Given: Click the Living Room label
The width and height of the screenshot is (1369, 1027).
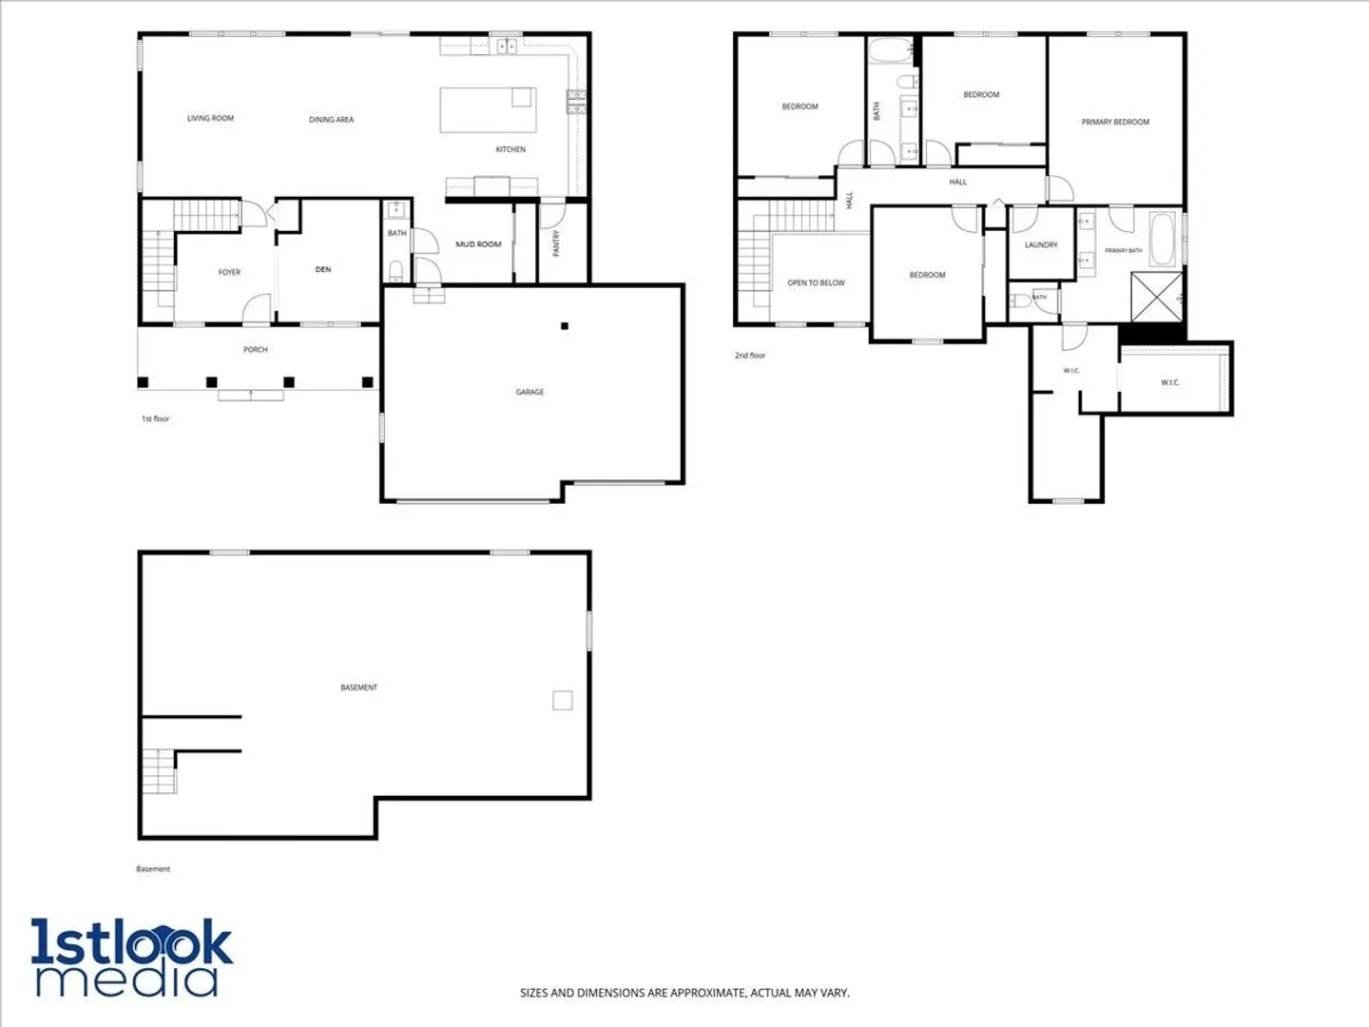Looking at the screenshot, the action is (210, 118).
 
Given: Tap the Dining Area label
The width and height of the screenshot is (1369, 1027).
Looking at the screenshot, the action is (331, 119).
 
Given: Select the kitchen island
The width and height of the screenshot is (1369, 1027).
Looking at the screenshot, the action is (488, 109).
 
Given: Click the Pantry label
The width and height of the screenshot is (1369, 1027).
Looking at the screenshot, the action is (556, 243).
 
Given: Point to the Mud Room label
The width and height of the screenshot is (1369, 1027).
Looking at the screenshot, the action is (478, 244).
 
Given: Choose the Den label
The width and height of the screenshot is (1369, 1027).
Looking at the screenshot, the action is (323, 269).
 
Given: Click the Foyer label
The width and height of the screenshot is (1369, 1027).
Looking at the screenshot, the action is (229, 272).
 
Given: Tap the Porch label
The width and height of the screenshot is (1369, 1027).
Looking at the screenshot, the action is (255, 349).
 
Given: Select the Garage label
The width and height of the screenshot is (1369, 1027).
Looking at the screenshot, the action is (530, 392).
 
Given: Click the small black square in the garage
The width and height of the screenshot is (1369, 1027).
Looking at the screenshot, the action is (565, 325).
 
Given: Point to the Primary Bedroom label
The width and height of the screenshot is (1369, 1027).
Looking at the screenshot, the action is (1115, 123).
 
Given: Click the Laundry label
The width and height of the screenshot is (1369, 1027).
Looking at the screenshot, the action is (1041, 245).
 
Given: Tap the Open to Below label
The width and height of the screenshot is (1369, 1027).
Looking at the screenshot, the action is (816, 282).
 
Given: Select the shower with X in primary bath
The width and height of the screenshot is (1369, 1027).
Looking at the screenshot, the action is (1157, 297).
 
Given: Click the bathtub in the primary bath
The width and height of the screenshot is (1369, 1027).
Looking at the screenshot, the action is (1163, 240).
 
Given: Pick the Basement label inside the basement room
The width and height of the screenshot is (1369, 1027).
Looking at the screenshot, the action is (358, 688).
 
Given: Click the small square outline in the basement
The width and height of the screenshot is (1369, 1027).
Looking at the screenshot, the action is (563, 700).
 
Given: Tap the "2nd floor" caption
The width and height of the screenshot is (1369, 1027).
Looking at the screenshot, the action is (750, 356).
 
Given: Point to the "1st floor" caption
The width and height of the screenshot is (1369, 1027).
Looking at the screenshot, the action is (155, 418).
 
